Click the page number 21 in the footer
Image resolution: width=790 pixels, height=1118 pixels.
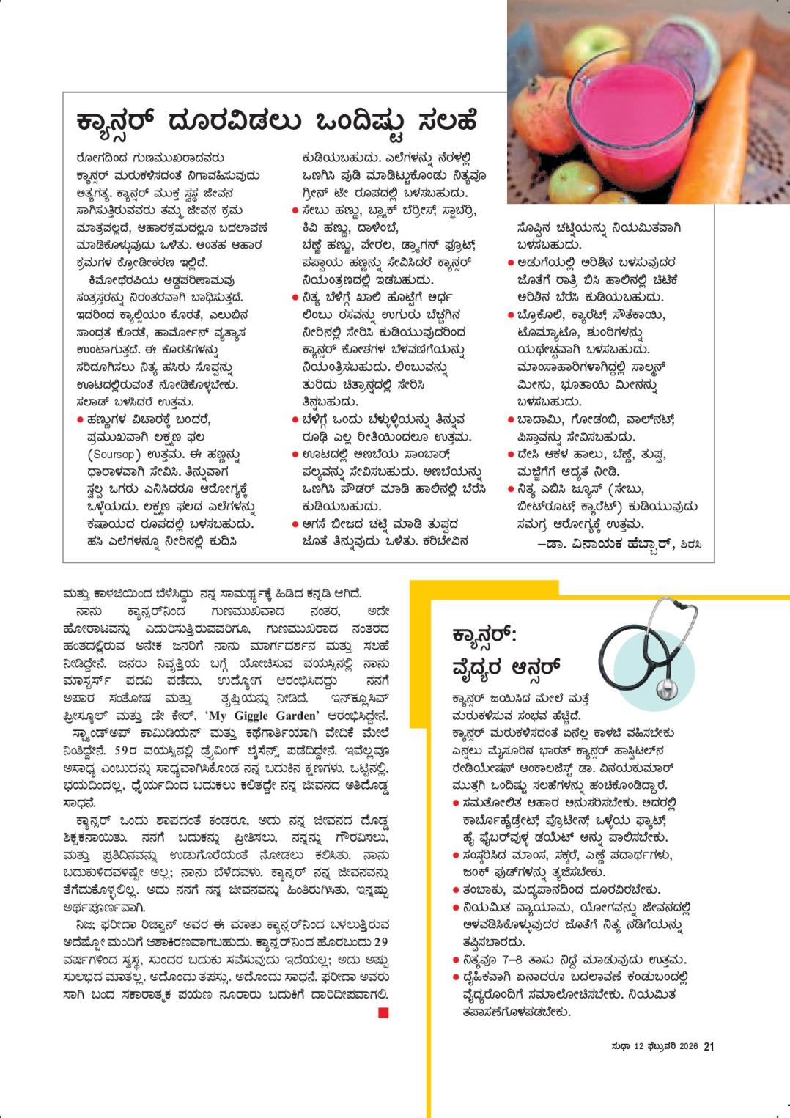click(709, 1047)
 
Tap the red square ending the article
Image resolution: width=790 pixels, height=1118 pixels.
click(383, 1013)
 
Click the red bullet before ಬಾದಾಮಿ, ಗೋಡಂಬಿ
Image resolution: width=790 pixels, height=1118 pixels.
click(511, 420)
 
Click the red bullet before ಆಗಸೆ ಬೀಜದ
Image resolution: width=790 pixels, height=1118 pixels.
click(295, 524)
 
